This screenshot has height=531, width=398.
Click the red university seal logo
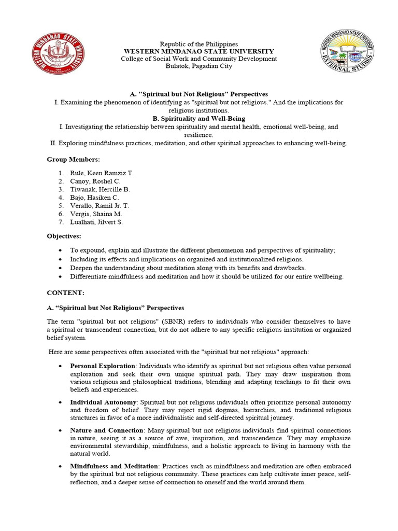[x=59, y=54]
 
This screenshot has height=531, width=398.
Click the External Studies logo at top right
[x=347, y=54]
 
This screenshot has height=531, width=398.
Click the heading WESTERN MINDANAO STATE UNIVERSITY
[x=199, y=51]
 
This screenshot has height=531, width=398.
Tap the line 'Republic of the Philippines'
[x=199, y=44]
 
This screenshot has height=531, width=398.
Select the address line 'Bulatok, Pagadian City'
[x=199, y=66]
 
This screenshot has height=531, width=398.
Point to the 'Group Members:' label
[x=74, y=159]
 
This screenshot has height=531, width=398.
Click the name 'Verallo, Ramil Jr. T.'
[x=100, y=206]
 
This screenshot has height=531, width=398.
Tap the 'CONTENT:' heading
[x=65, y=292]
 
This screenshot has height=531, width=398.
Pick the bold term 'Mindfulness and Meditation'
[x=114, y=466]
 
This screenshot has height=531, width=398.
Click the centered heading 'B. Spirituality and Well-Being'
[x=199, y=119]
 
